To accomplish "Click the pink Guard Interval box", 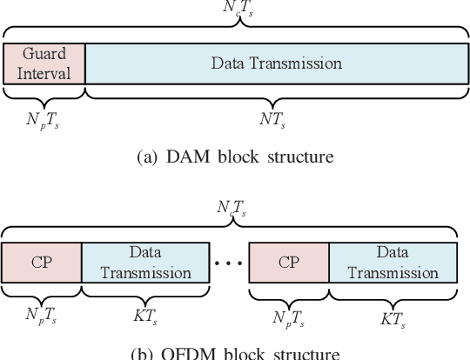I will (x=44, y=63).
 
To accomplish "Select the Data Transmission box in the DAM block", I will (x=277, y=63).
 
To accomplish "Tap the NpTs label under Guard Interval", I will (x=44, y=118).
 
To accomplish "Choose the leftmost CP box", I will (x=41, y=261).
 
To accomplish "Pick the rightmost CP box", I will (x=289, y=261).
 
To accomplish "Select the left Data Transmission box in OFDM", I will (x=145, y=261).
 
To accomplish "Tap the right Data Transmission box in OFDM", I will (x=393, y=261).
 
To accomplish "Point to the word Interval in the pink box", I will (x=44, y=72).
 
